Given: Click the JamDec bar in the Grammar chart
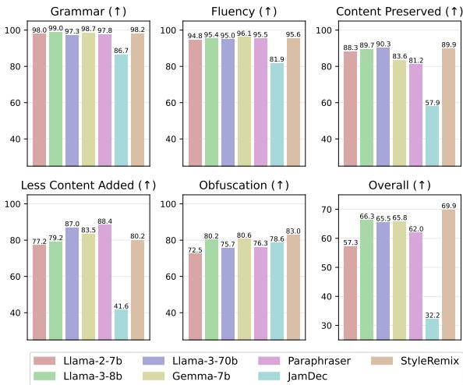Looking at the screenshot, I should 121,110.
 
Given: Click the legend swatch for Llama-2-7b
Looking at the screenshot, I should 50,361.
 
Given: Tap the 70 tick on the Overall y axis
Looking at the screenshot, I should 329,210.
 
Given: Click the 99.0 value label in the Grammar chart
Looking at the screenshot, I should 55,28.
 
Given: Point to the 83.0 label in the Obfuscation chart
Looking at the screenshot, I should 293,231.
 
